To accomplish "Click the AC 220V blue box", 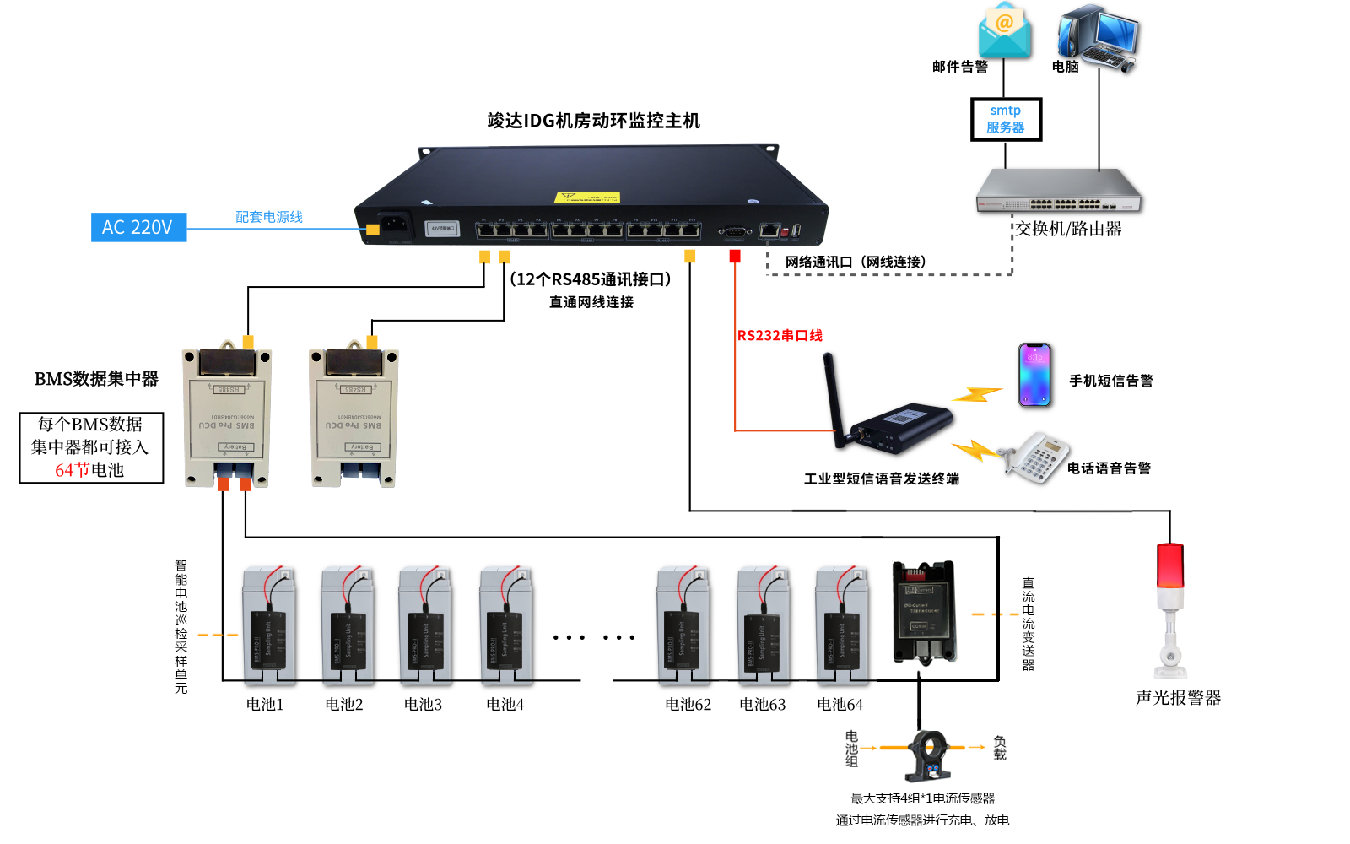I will click(138, 227).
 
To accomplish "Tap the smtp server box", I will click(1006, 119).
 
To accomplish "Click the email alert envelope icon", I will click(1004, 32).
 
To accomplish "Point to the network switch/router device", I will click(1059, 192).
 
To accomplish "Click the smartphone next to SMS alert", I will click(1034, 375).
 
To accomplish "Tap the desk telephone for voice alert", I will click(1037, 458).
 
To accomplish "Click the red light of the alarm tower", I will click(1170, 564).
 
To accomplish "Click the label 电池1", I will click(265, 704).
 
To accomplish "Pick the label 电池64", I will click(840, 704).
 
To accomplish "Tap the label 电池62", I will click(688, 704).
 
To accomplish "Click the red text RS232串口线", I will click(780, 335).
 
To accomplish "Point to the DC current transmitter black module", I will click(924, 611).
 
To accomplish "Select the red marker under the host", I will click(735, 256).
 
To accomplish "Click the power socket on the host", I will click(394, 225).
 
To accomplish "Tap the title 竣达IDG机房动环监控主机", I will click(593, 121).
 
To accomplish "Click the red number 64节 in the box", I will click(72, 470).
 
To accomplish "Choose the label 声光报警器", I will click(1178, 698).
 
